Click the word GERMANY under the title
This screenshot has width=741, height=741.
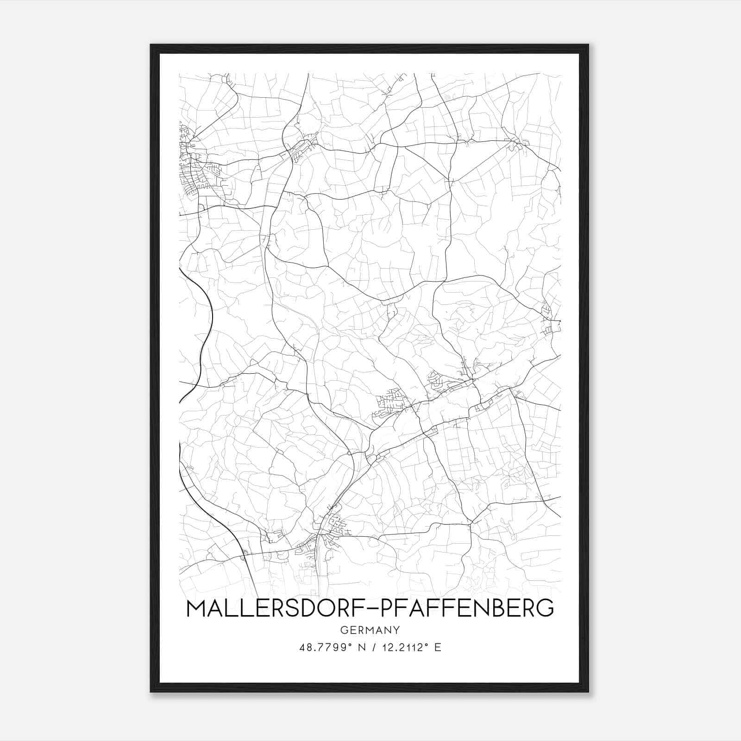click(370, 630)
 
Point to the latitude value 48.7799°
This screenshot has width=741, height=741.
click(324, 647)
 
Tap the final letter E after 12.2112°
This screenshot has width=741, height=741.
click(438, 647)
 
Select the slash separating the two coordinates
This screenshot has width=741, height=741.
click(374, 647)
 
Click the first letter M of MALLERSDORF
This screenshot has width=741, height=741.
click(196, 609)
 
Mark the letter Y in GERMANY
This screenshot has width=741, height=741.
click(396, 630)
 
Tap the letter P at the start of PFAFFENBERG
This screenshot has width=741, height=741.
click(386, 609)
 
